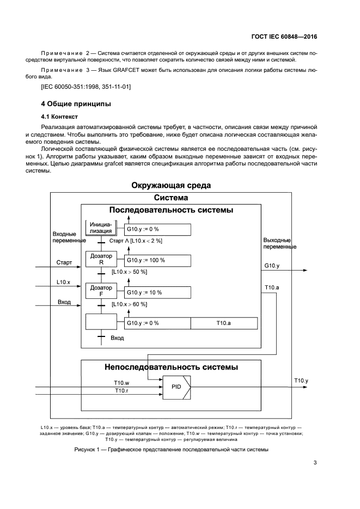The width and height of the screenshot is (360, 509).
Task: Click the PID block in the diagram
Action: coord(176,388)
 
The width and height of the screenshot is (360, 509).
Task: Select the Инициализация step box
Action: coord(101,228)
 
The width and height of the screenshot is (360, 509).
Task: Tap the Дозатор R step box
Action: coord(101,259)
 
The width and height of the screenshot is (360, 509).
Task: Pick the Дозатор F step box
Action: coord(101,291)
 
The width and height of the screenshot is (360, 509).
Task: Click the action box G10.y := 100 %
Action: coord(158,260)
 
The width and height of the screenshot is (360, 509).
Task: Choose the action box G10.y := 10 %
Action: coord(158,292)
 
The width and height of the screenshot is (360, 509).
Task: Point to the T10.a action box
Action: coord(224,323)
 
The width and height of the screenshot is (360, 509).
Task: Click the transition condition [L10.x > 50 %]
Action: coord(129,272)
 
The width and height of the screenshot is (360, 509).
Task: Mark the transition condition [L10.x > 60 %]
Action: coord(129,304)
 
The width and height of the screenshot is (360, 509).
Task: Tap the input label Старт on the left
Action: coord(64,262)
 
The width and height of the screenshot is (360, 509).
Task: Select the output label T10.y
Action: coord(301,381)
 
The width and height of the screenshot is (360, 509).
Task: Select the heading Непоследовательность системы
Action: coord(171,367)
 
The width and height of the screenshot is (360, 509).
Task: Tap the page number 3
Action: coord(315,463)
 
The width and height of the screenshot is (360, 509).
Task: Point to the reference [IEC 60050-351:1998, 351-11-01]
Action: coord(86,87)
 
